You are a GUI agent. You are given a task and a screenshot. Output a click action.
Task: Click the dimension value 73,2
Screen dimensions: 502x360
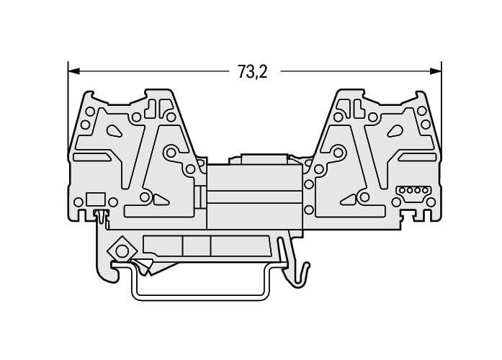[252, 71]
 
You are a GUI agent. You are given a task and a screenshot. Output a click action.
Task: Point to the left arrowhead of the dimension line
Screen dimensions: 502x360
[73, 71]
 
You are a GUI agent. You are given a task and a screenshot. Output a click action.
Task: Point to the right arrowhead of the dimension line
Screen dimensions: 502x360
[436, 71]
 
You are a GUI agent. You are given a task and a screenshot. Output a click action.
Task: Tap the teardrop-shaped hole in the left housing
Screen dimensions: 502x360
[114, 130]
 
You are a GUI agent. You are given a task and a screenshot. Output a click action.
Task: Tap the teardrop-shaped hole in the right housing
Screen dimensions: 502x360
[395, 130]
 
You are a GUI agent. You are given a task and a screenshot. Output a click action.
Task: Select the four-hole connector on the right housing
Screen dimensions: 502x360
[413, 190]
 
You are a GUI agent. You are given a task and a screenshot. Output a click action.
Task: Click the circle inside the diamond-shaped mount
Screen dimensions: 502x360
[122, 251]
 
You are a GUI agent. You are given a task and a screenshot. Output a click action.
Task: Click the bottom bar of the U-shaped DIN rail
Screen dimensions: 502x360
[201, 297]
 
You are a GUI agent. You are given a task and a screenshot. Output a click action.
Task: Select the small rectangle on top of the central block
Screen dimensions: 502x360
[264, 159]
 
